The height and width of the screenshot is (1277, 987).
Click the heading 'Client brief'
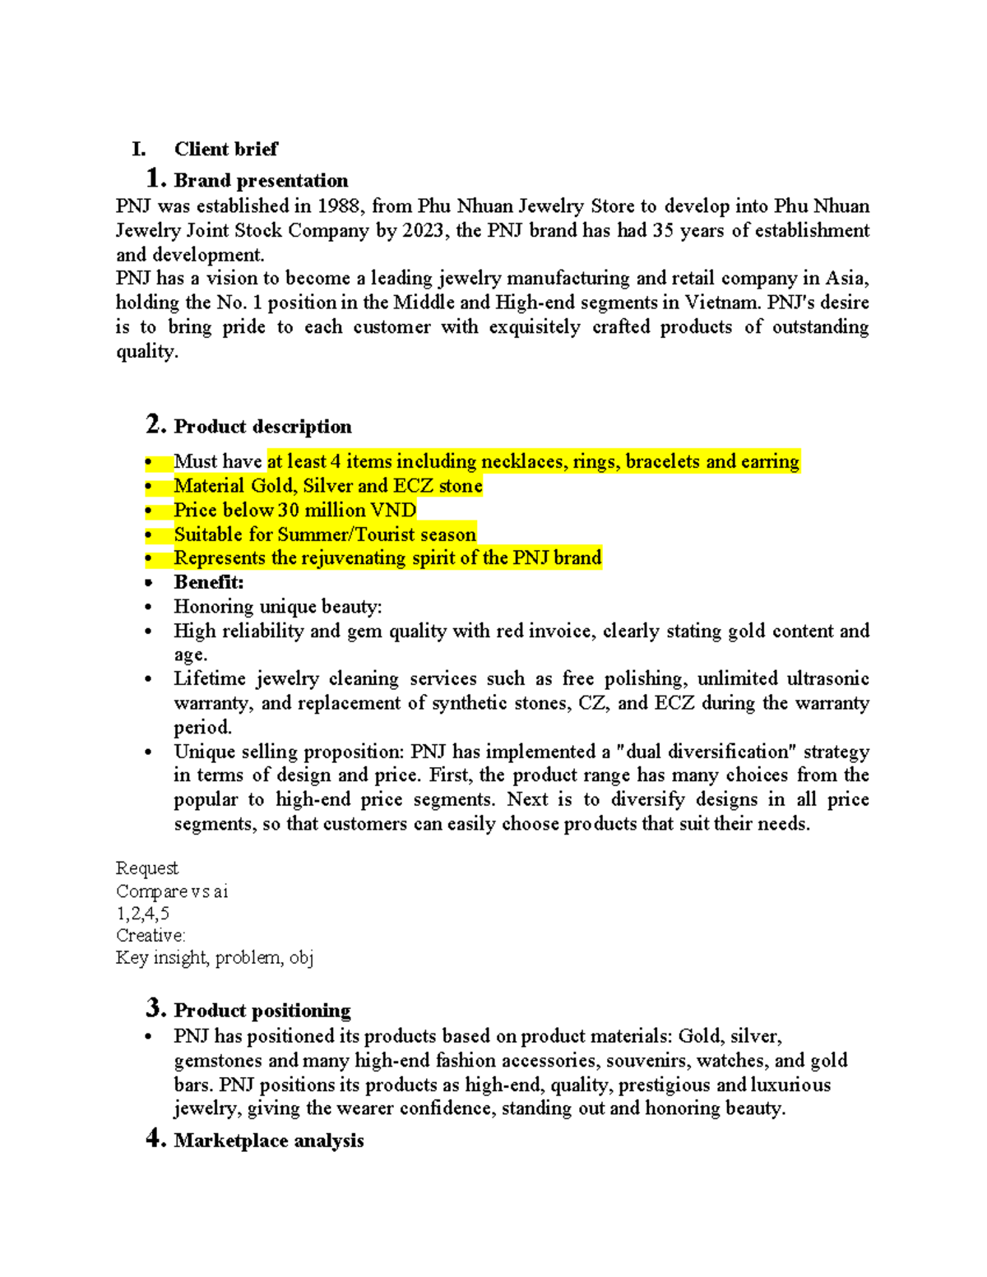click(x=225, y=149)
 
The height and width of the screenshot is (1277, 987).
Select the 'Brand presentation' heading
click(x=261, y=180)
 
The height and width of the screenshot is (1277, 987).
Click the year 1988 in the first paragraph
click(x=340, y=206)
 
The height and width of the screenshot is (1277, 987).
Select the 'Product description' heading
click(x=262, y=426)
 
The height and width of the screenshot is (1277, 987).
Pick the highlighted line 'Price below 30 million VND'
click(x=294, y=510)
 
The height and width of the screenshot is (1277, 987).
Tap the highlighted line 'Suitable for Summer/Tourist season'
click(x=325, y=534)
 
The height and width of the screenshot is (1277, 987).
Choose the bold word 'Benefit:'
click(x=209, y=582)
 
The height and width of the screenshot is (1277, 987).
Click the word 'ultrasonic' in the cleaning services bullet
click(x=827, y=678)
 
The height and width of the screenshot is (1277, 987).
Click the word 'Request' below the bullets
click(x=146, y=868)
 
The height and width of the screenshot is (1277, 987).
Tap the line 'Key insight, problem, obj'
click(x=214, y=958)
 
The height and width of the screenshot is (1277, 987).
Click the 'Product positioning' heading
click(x=262, y=1010)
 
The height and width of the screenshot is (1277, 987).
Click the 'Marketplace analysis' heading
click(x=268, y=1141)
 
